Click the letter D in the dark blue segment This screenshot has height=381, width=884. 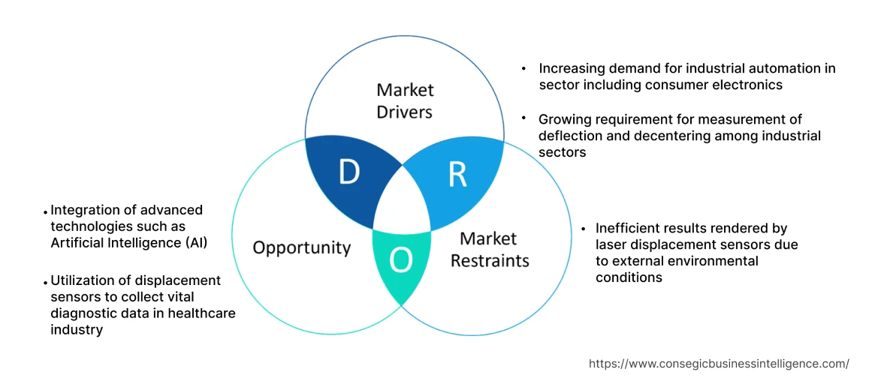click(x=348, y=173)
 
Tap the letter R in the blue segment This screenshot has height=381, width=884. click(x=457, y=173)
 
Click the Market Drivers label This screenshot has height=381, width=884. click(x=405, y=100)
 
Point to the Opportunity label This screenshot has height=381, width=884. click(x=301, y=247)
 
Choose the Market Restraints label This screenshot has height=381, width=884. click(x=489, y=250)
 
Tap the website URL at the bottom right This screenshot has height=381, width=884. click(x=719, y=364)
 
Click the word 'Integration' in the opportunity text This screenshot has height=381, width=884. click(x=84, y=210)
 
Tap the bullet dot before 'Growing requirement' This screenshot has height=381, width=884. click(x=524, y=119)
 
